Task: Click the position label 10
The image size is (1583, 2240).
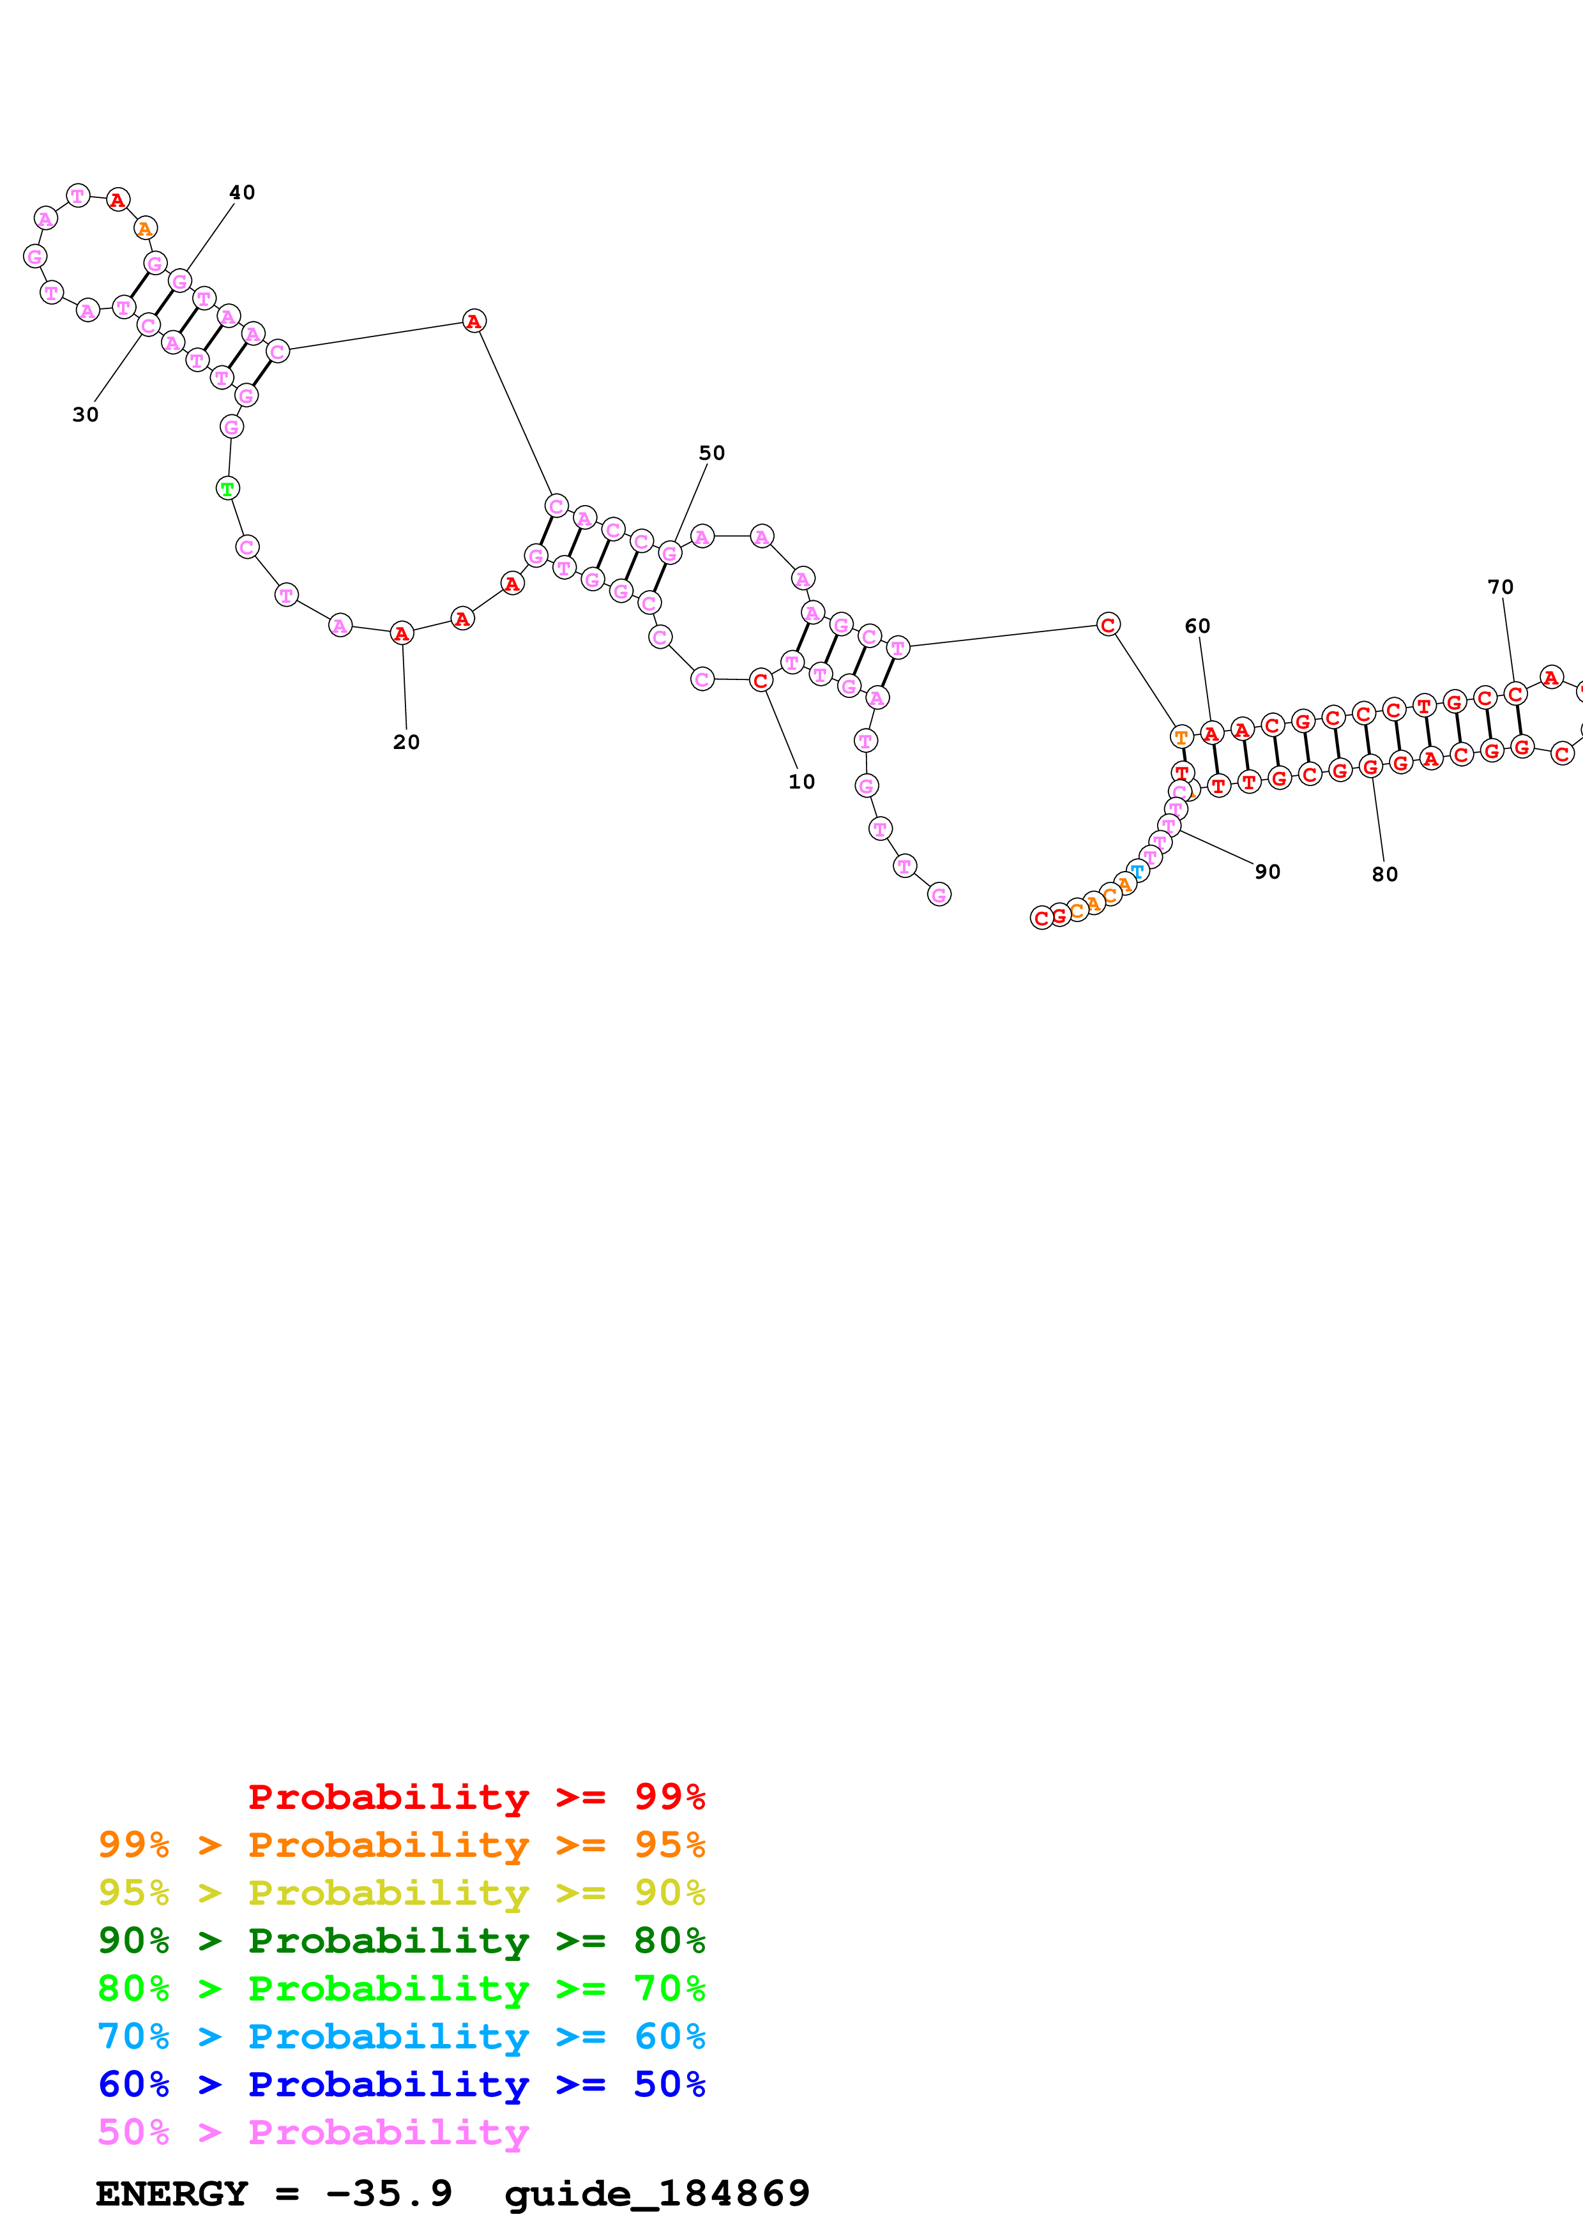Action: (x=801, y=782)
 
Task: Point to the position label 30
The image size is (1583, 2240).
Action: (x=85, y=414)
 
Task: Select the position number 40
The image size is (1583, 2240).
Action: (x=242, y=192)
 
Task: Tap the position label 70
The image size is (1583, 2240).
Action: (x=1500, y=587)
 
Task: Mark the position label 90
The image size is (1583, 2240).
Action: (x=1267, y=871)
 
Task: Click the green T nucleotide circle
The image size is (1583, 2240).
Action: (x=227, y=488)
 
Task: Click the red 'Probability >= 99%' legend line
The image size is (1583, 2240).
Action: (x=476, y=1796)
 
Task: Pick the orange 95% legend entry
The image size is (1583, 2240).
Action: (x=401, y=1845)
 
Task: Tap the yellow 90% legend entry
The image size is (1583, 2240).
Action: (x=401, y=1893)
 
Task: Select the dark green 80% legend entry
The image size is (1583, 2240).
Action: (x=401, y=1941)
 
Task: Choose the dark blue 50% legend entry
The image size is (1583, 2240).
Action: (x=401, y=2084)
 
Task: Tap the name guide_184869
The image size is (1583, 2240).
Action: (x=656, y=2194)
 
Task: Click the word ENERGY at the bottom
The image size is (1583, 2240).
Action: (x=172, y=2194)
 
